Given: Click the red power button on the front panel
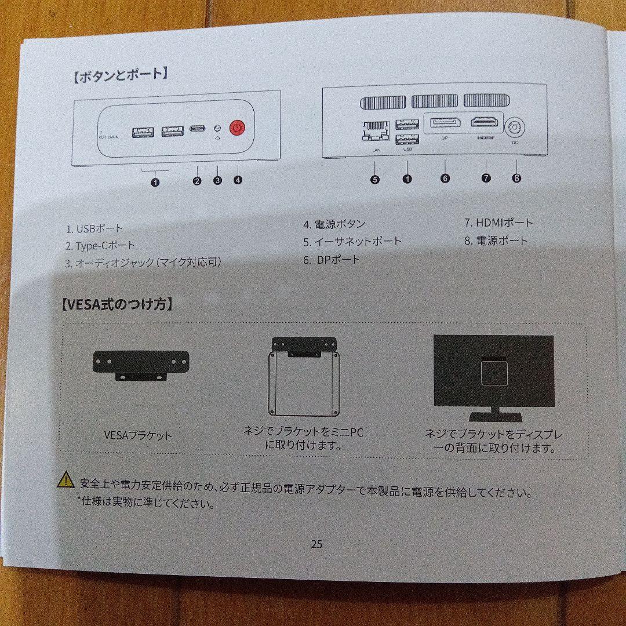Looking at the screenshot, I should click(236, 128).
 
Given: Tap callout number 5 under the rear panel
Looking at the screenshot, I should click(375, 179).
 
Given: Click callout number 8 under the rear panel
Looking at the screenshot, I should click(516, 178).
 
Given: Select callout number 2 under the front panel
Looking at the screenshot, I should click(197, 180).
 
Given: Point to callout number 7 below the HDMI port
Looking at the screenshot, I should click(486, 178).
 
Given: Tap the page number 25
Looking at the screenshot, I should click(316, 544).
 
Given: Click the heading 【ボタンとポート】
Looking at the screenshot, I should click(121, 75).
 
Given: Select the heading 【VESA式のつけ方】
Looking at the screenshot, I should click(117, 304).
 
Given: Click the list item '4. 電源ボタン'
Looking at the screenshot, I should click(334, 224).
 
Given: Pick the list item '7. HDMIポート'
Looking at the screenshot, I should click(498, 223).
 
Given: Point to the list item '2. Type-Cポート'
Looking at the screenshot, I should click(100, 246).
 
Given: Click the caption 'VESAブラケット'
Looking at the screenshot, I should click(138, 435).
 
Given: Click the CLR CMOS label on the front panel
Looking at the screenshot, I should click(109, 136).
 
